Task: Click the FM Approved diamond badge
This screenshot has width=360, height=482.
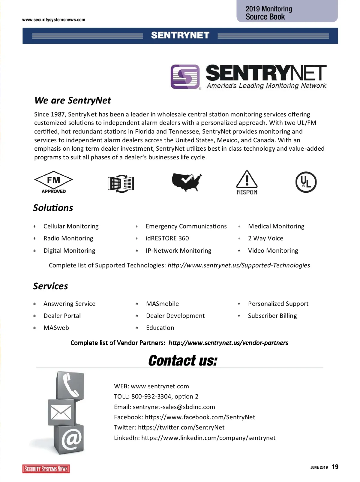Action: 53,182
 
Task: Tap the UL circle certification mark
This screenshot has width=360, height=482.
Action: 306,182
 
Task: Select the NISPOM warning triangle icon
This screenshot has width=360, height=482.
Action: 247,182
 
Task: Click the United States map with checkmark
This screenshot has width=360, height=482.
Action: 186,182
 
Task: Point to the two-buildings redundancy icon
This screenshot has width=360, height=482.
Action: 121,183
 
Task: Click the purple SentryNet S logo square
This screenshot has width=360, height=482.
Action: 185,77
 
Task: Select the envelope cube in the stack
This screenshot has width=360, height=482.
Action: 61,412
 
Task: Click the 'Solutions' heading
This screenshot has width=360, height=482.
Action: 53,208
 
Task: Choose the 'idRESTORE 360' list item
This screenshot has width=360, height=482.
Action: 167,238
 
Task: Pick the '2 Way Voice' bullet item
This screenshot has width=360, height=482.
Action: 265,238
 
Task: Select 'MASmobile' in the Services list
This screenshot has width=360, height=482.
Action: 162,304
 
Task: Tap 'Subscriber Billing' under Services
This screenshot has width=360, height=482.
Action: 272,316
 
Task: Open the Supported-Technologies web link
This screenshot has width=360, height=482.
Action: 239,265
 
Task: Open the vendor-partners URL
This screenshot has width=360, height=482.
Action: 228,343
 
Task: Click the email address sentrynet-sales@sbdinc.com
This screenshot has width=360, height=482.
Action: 174,407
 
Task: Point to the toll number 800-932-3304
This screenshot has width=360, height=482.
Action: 151,396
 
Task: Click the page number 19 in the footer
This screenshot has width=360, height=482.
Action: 335,467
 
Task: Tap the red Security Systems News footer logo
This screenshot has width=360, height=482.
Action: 46,469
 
